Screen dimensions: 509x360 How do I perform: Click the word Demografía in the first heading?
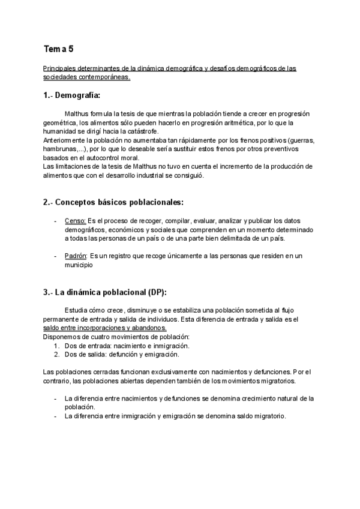point(77,95)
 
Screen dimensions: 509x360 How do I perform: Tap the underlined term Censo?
point(75,221)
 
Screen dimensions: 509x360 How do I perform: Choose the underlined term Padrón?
point(76,256)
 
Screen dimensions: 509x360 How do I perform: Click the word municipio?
point(79,264)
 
